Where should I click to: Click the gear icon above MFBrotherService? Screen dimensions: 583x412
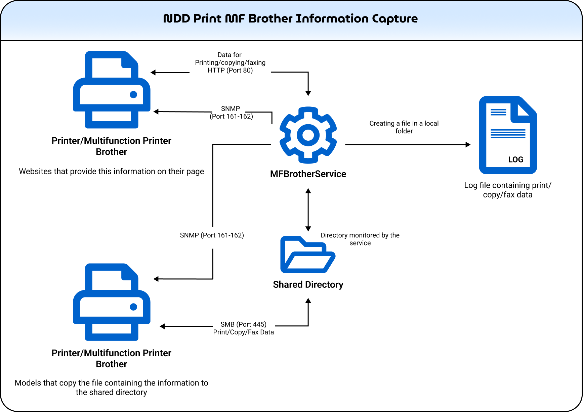coord(308,135)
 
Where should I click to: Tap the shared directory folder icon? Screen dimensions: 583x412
coord(308,255)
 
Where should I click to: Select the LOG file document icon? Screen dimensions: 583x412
coord(508,135)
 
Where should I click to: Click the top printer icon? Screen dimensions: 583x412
coord(112,90)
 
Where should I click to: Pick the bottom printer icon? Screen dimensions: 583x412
coord(112,302)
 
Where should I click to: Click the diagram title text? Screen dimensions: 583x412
coord(290,18)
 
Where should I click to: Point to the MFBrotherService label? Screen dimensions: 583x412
coord(308,174)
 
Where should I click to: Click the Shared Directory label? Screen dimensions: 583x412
coord(308,284)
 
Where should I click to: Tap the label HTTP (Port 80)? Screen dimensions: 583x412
coord(230,70)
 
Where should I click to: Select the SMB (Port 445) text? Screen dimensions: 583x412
coord(244,324)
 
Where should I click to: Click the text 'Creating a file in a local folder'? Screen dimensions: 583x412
coord(404,127)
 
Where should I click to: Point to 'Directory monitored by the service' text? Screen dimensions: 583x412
coord(360,239)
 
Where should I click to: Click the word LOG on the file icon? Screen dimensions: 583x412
coord(516,159)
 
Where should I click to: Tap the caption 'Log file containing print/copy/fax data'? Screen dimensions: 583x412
coord(508,190)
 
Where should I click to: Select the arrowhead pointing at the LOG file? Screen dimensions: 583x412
coord(468,145)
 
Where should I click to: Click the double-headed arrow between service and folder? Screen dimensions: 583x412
coord(308,210)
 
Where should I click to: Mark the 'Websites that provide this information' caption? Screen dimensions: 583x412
coord(112,171)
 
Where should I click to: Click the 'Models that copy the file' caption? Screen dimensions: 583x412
coord(112,387)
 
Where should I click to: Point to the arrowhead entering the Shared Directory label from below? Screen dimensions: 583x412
coord(308,301)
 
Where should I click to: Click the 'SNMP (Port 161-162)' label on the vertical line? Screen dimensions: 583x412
coord(212,235)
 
